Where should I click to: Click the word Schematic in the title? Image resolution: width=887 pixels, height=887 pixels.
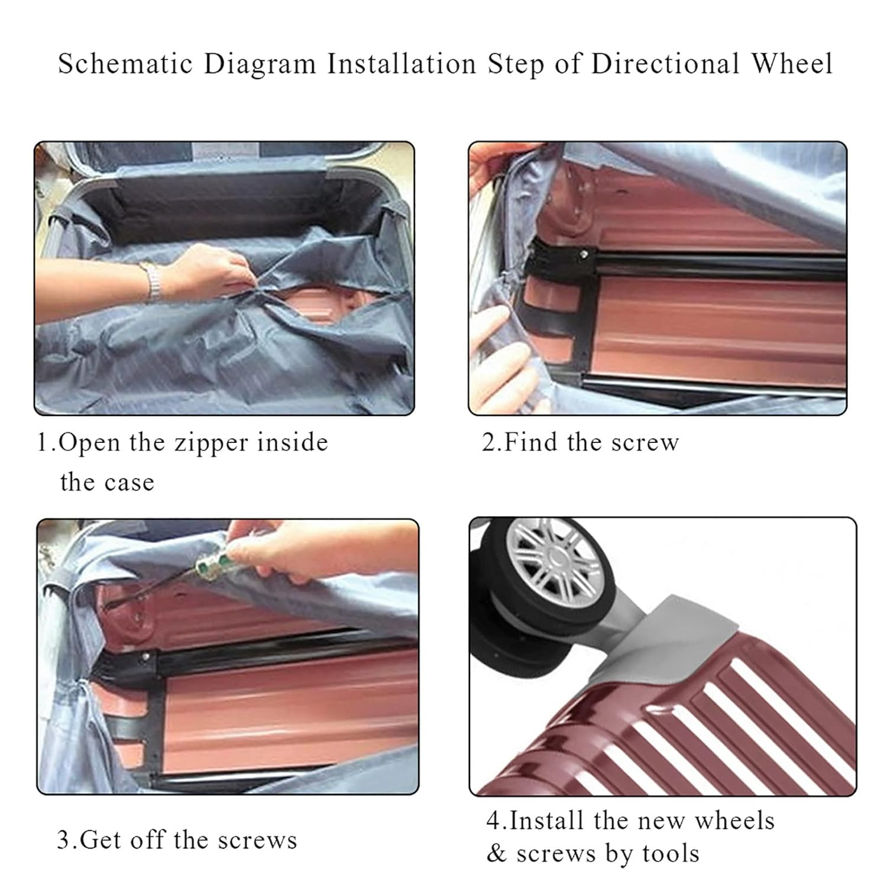tap(125, 64)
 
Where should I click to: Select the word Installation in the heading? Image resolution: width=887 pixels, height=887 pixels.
tap(402, 64)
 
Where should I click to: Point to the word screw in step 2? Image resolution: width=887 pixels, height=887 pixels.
tap(645, 442)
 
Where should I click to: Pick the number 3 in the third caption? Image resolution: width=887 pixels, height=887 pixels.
tap(63, 840)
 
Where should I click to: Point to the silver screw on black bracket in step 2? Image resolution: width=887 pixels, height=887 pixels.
tap(584, 254)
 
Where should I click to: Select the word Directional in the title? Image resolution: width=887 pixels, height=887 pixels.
tap(665, 64)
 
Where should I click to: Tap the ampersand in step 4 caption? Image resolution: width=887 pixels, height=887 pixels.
tap(497, 854)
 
